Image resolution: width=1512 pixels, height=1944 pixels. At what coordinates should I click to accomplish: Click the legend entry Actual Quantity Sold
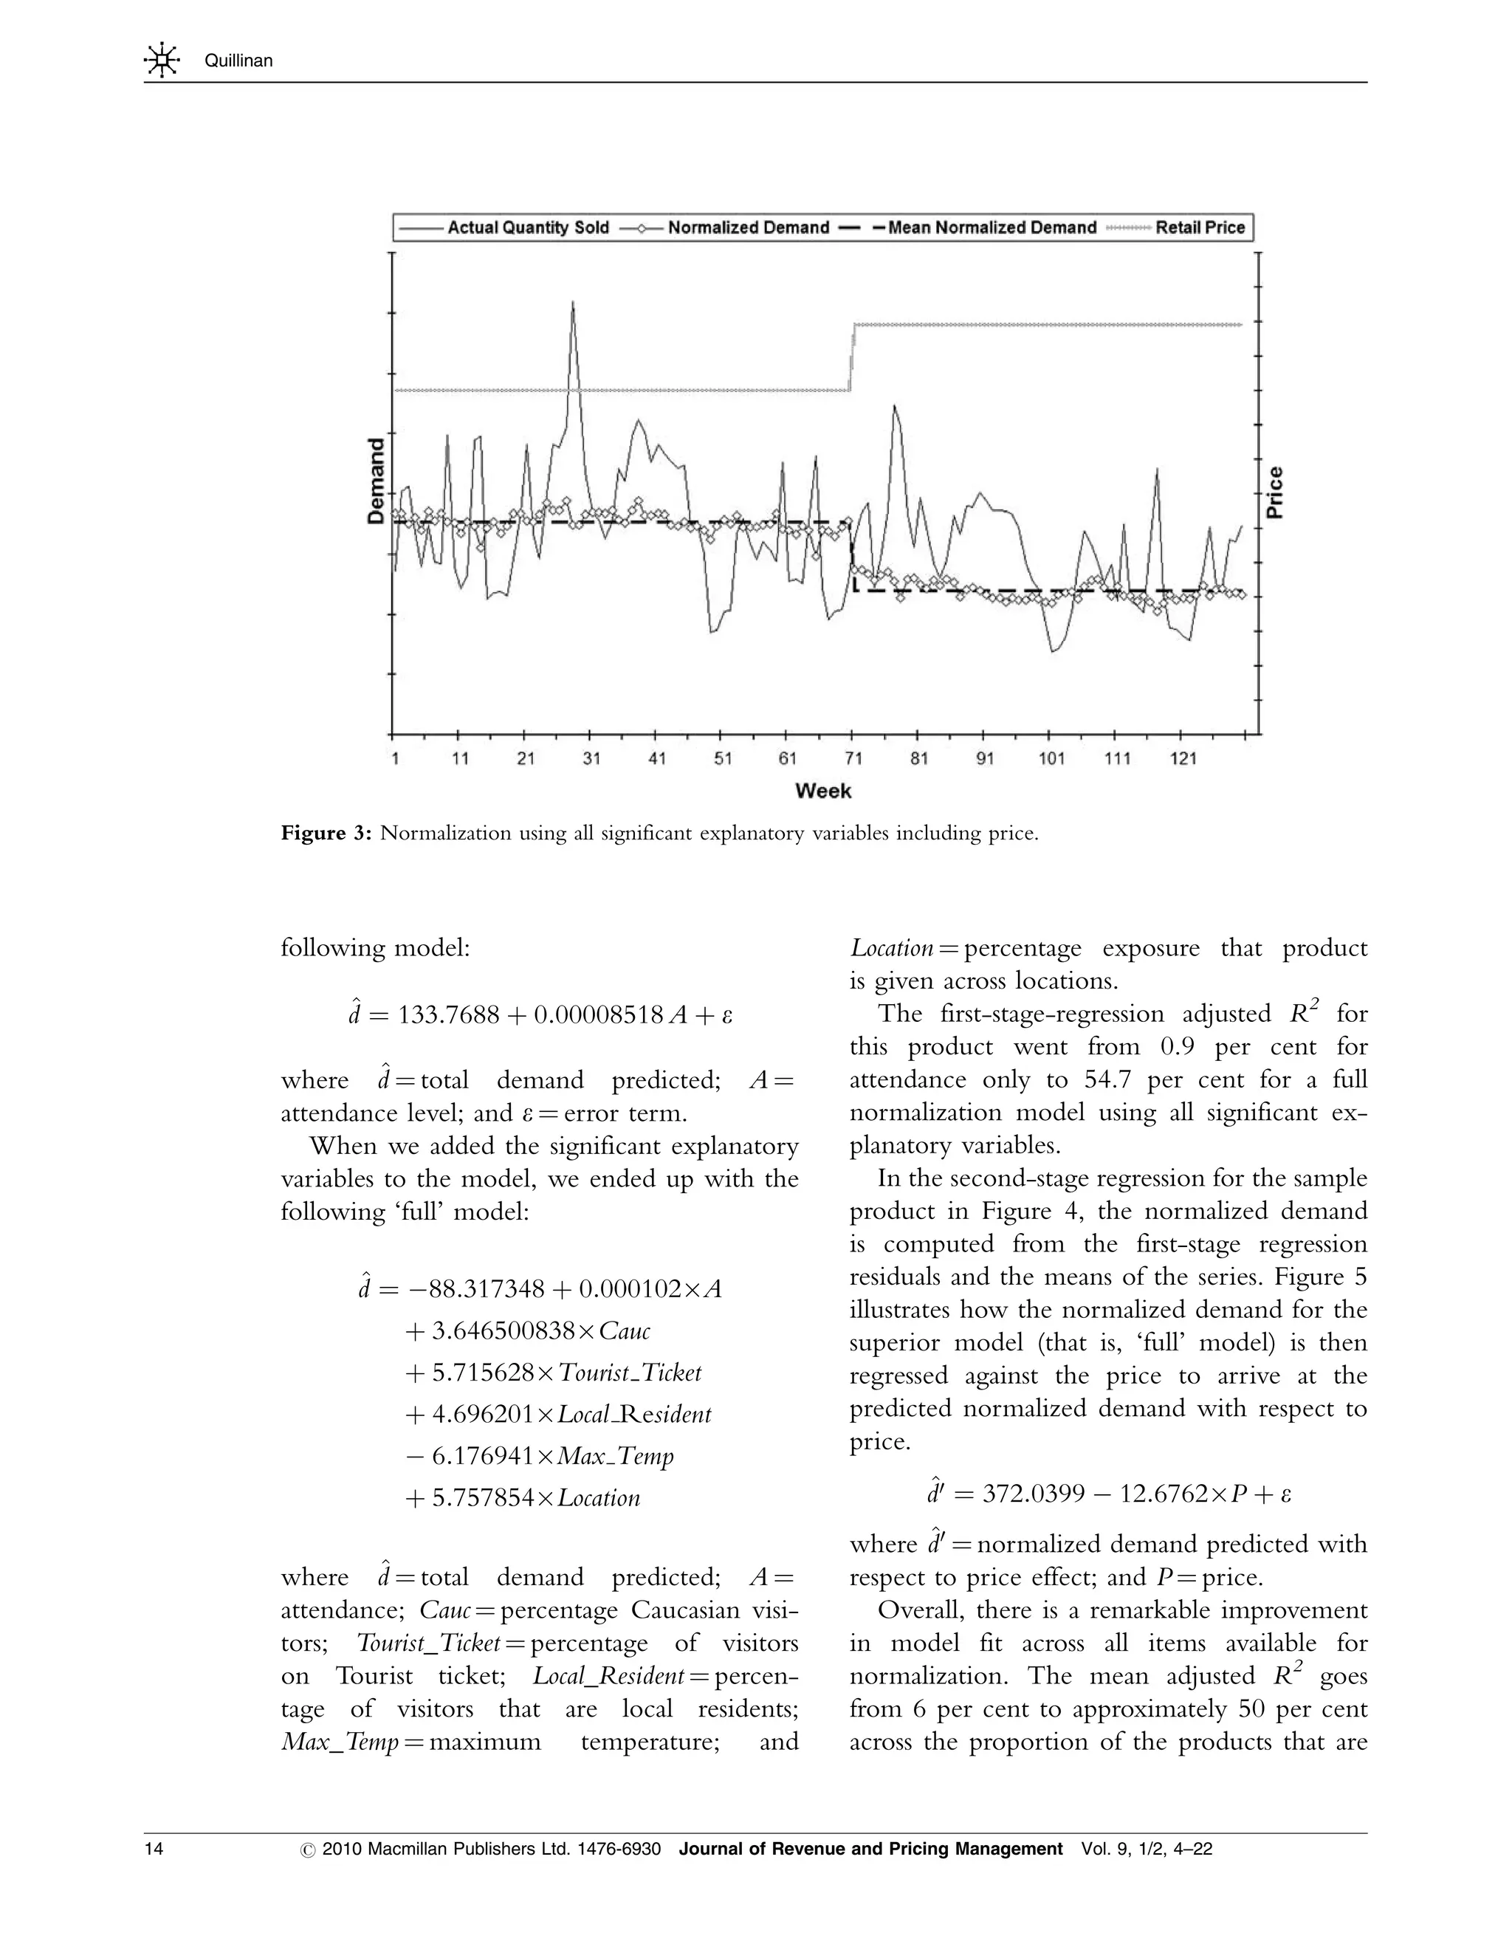point(527,228)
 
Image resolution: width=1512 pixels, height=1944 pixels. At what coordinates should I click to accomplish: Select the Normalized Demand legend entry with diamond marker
point(748,228)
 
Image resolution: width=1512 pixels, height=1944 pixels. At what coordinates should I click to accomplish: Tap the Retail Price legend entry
point(1199,228)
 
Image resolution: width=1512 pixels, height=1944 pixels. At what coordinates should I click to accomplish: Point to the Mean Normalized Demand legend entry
point(991,228)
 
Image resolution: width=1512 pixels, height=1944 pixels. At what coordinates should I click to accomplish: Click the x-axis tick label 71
point(853,758)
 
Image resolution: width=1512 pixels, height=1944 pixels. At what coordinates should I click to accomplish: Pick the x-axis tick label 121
point(1183,758)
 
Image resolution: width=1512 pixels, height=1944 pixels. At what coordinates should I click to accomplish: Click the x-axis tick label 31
point(591,758)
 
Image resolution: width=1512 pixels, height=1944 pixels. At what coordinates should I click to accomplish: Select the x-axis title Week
point(822,791)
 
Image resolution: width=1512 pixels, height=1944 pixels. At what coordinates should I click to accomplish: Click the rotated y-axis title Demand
point(377,480)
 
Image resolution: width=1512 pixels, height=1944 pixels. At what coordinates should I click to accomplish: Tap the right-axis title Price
point(1275,492)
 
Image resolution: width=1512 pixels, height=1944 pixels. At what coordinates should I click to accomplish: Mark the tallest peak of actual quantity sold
point(572,303)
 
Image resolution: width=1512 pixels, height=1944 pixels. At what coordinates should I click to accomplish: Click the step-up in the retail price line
point(852,356)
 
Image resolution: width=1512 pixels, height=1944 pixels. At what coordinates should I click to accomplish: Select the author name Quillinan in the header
point(238,61)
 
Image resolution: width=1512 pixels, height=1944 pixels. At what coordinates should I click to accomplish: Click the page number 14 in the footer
point(154,1849)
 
